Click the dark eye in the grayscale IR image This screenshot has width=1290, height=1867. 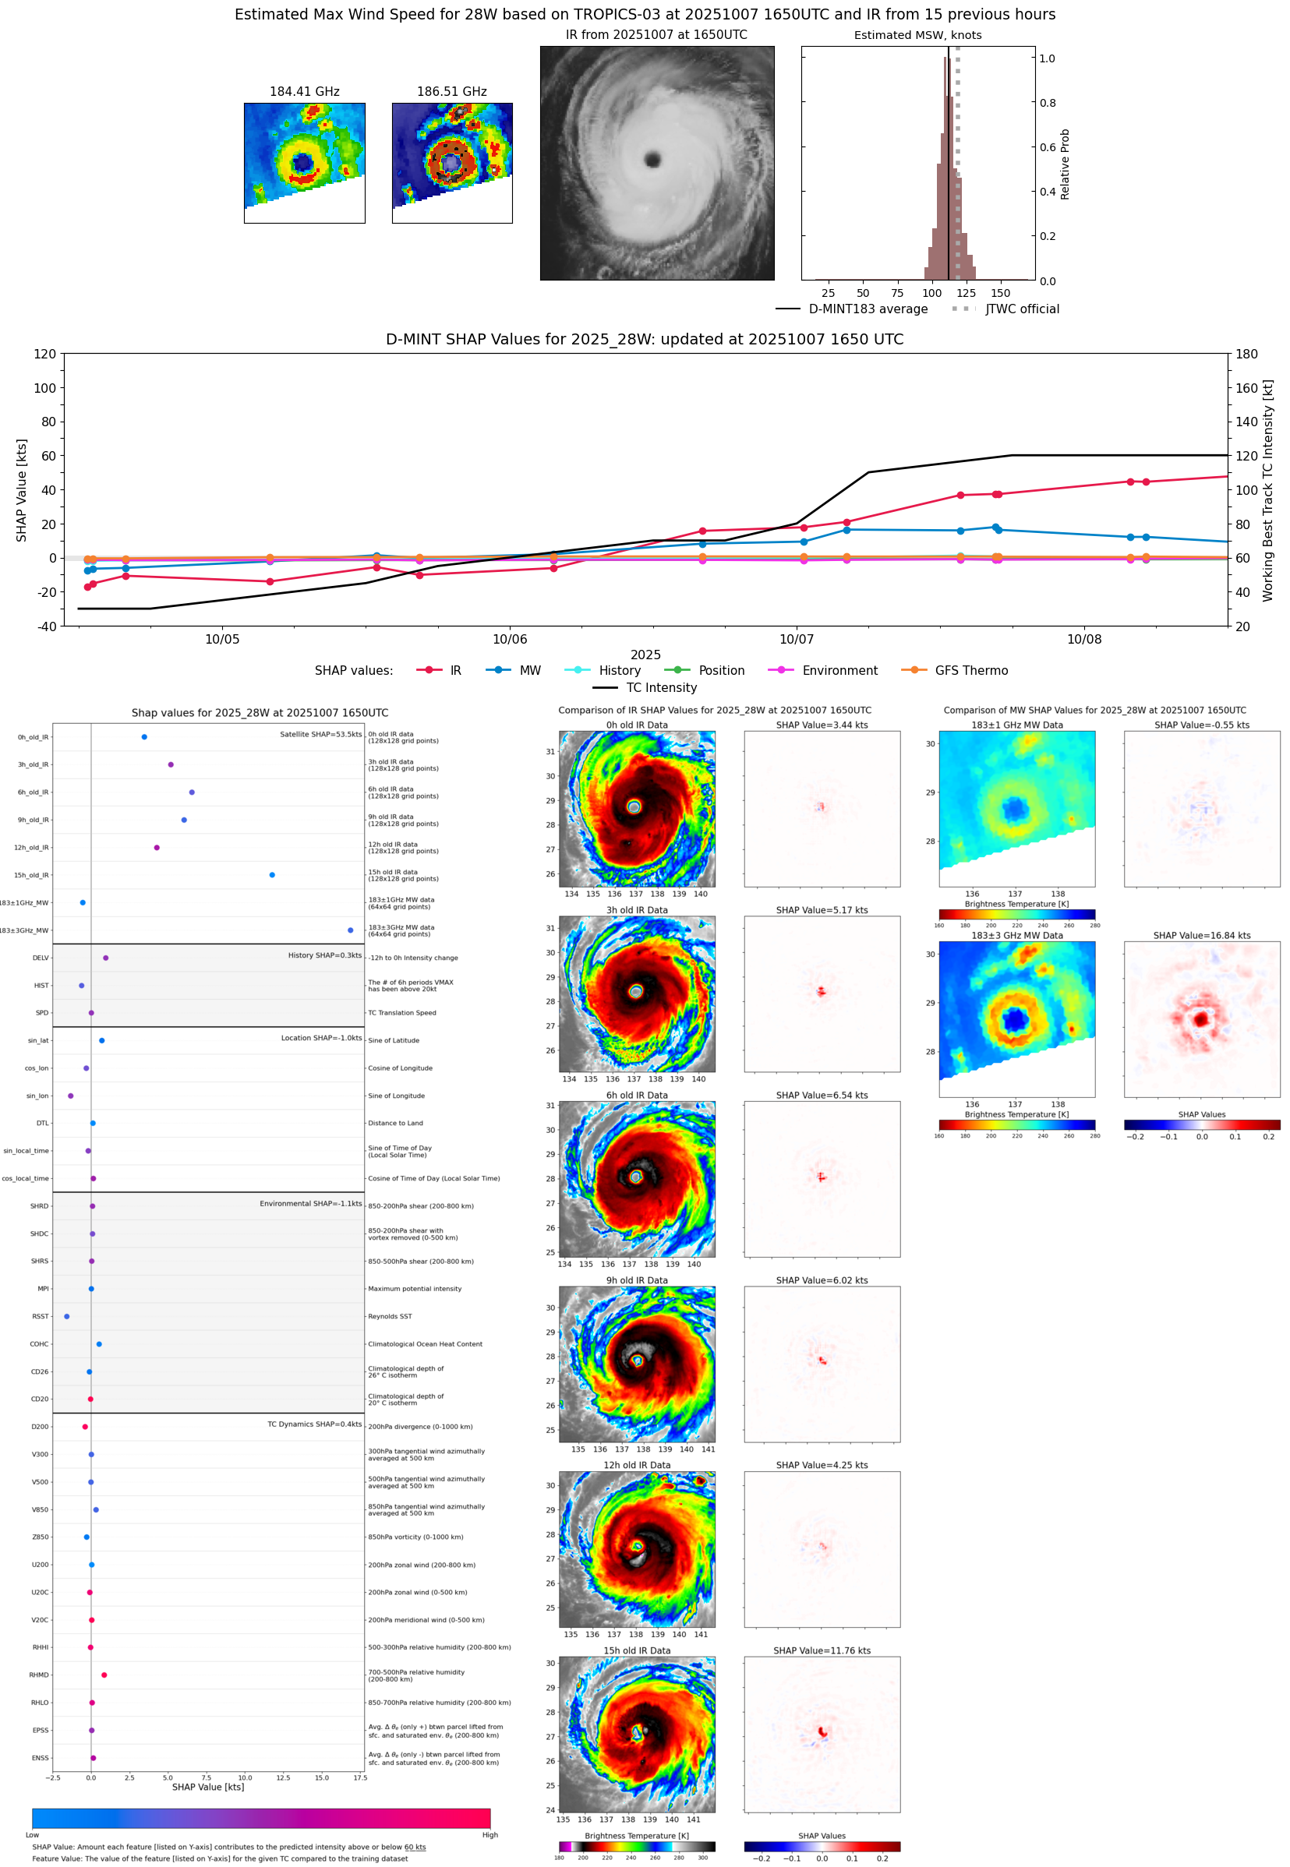[x=653, y=159]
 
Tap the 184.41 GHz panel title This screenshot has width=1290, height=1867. [x=304, y=92]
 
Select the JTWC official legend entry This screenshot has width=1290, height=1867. [x=1022, y=309]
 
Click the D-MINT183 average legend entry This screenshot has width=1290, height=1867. [x=868, y=309]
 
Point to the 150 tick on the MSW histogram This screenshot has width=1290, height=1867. [x=1001, y=293]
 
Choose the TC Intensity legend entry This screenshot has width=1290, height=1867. [x=660, y=687]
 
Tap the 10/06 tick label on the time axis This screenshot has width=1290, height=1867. [x=509, y=639]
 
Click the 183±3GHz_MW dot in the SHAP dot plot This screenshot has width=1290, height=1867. [x=350, y=930]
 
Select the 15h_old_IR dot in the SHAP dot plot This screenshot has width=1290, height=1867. [x=271, y=875]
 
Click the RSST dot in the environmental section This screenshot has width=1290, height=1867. [x=66, y=1316]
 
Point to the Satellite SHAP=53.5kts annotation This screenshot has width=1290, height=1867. [x=320, y=734]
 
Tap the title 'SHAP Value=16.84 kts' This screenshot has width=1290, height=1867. [x=1201, y=936]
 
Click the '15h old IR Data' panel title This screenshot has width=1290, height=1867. [x=636, y=1650]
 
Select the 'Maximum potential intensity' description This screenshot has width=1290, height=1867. [x=415, y=1289]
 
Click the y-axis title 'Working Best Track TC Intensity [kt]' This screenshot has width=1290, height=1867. [x=1267, y=489]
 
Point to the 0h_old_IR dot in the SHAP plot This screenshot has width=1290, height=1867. [x=144, y=737]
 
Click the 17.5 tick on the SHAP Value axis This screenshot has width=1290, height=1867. [x=359, y=1777]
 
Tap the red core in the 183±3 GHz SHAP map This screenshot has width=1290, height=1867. [x=1201, y=1019]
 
